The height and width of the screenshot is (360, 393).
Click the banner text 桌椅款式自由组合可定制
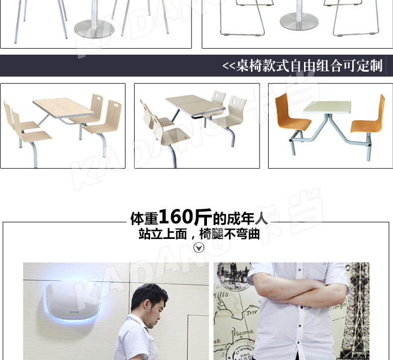[309, 66]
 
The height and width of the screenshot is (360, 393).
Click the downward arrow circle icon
[199, 247]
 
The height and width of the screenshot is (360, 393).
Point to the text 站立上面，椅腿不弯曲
[199, 234]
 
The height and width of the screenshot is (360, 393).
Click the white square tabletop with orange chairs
[328, 108]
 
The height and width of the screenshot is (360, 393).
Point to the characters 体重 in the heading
[144, 219]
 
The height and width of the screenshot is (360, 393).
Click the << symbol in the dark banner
[228, 66]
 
